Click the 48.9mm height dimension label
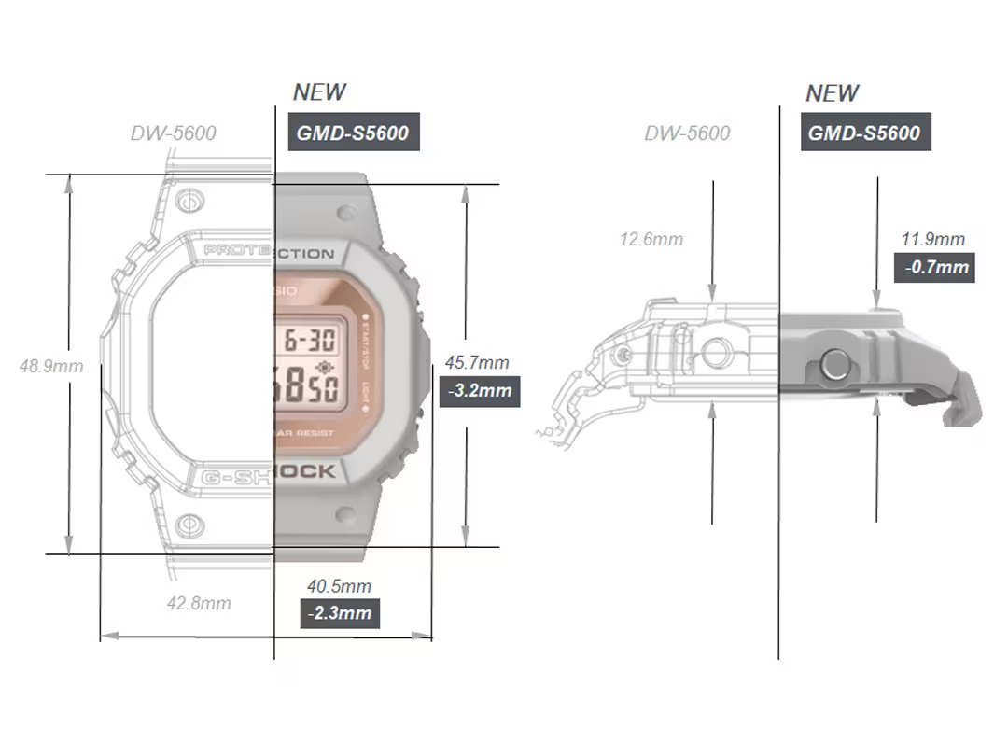[51, 366]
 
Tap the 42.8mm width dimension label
[199, 603]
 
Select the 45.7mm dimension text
[477, 362]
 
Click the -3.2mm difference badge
[480, 390]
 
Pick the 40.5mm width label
[340, 586]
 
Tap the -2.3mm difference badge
[340, 613]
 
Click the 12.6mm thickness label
[651, 239]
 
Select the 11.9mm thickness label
[933, 240]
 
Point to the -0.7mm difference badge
[936, 268]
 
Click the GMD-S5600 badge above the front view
[353, 133]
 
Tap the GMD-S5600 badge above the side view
[865, 133]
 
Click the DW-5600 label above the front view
[174, 133]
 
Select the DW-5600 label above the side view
[688, 133]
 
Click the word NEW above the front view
[319, 92]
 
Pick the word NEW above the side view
[833, 93]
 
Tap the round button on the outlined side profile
[716, 353]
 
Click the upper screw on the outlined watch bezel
[189, 200]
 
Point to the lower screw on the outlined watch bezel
[189, 525]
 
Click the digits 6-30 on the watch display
[310, 339]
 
